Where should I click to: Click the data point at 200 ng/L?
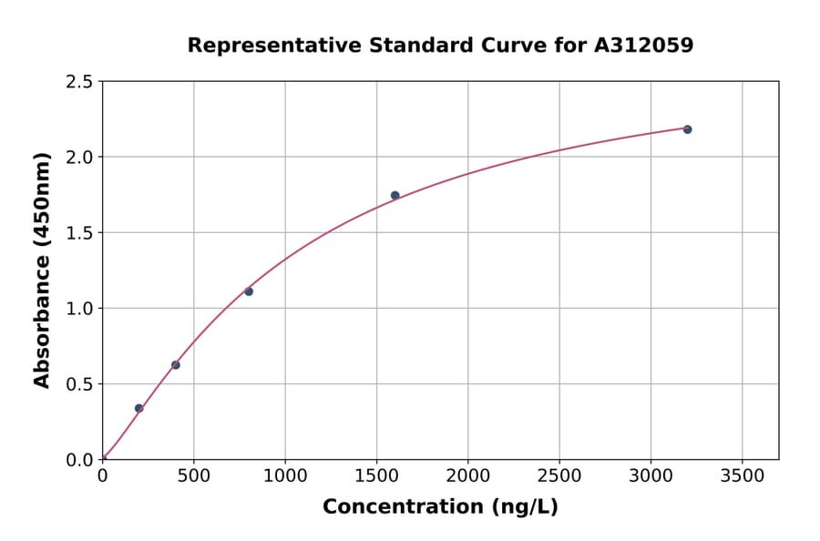click(138, 408)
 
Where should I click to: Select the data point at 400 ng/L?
click(176, 365)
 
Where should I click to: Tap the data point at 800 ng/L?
click(249, 291)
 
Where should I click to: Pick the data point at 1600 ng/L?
click(395, 195)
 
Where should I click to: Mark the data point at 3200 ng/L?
click(687, 129)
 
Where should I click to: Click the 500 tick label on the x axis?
click(193, 476)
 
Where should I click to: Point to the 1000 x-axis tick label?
click(285, 476)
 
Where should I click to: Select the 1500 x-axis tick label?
click(376, 476)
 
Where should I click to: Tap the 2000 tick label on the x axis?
click(467, 476)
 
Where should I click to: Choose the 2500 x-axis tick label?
click(559, 476)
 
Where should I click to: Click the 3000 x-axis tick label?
click(651, 476)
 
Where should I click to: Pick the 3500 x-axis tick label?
click(742, 476)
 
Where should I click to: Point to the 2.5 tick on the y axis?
click(80, 82)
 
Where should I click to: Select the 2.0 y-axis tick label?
click(80, 158)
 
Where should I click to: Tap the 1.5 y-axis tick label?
click(80, 233)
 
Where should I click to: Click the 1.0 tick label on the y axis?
click(80, 309)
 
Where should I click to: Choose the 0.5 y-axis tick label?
click(80, 384)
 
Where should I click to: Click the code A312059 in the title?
click(644, 46)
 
